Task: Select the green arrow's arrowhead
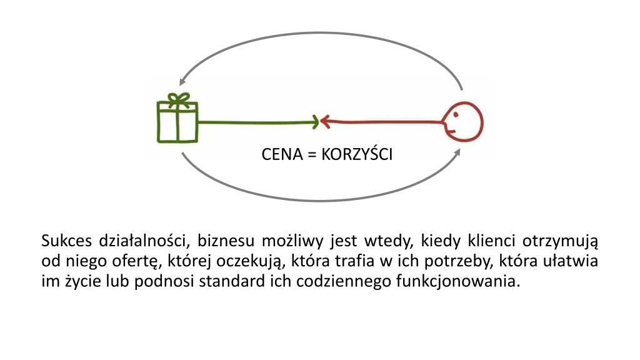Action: pyautogui.click(x=314, y=122)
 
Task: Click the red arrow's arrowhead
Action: pyautogui.click(x=325, y=122)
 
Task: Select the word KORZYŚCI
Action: pyautogui.click(x=357, y=154)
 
